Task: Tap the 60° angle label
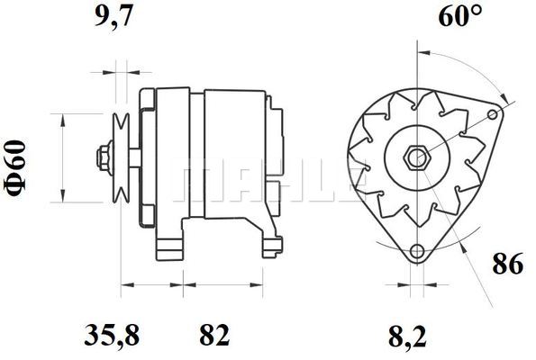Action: [x=460, y=15]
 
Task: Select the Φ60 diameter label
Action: [x=15, y=168]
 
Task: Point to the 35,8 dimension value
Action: [x=112, y=336]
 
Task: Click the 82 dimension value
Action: [x=214, y=336]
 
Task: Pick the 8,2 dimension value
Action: [x=407, y=337]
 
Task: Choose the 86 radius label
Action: [x=508, y=264]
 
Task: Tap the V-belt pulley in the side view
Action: [x=122, y=157]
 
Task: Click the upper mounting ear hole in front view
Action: [x=493, y=114]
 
